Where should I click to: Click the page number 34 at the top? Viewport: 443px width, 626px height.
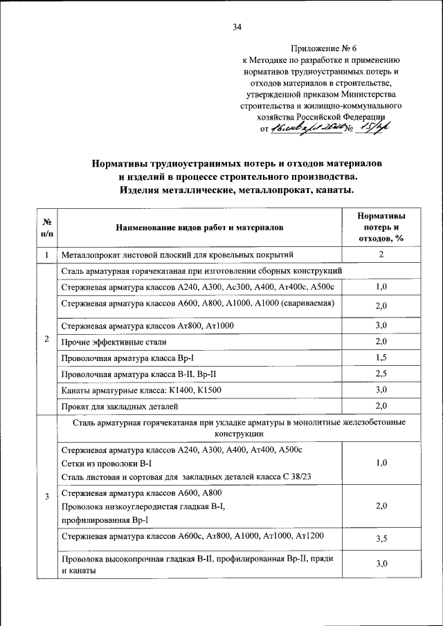[237, 28]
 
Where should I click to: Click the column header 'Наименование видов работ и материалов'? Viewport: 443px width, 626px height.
[200, 227]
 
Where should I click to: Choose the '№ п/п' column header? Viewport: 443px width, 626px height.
[46, 227]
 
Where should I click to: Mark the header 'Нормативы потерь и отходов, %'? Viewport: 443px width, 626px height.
[381, 227]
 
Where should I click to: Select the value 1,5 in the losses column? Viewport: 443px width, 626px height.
[381, 358]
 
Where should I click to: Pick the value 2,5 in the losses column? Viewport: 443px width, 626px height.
[381, 374]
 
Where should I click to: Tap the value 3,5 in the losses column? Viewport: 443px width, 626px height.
[381, 537]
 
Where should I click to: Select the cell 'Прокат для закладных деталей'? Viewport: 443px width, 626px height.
[120, 406]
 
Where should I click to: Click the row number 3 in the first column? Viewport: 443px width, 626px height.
[46, 497]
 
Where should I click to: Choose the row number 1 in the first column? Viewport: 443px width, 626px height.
[46, 255]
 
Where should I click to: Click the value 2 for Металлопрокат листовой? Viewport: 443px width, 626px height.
[381, 255]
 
